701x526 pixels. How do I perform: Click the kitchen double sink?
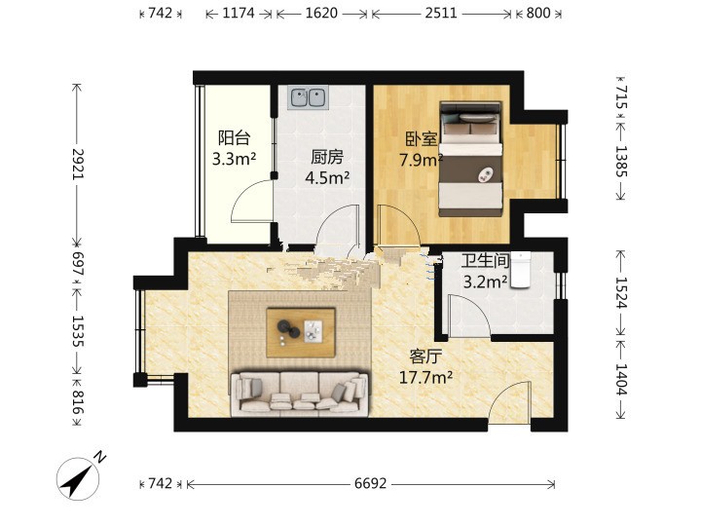tap(308, 97)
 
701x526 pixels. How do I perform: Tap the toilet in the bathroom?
tap(520, 269)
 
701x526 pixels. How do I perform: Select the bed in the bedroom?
tap(470, 159)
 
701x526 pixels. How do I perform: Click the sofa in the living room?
tap(300, 393)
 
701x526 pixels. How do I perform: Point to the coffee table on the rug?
tap(301, 332)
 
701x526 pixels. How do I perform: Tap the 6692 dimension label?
tap(370, 483)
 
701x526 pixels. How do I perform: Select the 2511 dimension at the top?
tap(441, 13)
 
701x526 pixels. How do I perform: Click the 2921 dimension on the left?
tap(78, 165)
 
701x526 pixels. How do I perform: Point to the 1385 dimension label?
tap(621, 161)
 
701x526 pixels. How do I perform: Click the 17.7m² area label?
tap(425, 378)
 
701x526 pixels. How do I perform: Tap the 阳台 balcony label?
tap(234, 137)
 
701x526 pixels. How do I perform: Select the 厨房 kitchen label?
tap(327, 158)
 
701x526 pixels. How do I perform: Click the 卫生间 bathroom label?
tap(486, 261)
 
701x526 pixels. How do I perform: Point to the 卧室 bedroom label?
tap(422, 139)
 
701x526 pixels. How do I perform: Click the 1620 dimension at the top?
tap(321, 13)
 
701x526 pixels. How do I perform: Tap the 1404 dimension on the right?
tap(621, 379)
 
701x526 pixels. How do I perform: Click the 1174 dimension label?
tap(239, 13)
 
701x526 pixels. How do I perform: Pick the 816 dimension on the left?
tap(78, 402)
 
